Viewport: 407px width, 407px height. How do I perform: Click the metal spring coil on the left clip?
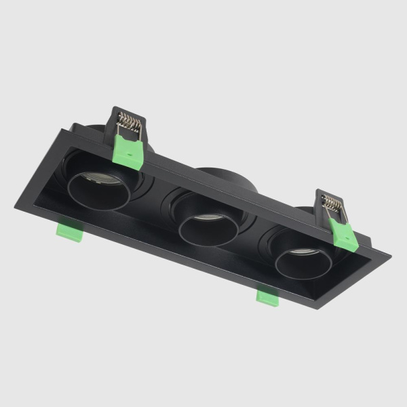(129, 123)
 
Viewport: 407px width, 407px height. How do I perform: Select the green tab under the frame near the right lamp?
(267, 296)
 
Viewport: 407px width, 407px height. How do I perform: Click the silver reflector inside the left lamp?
(99, 179)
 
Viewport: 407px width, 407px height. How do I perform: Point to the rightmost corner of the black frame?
(390, 256)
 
